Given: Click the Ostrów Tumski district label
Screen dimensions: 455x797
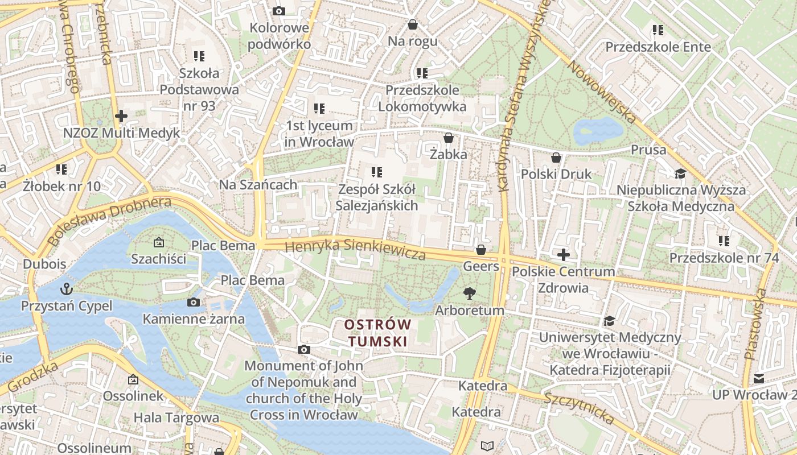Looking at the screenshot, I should click(x=377, y=333).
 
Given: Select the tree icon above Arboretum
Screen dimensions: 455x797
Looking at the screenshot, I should click(x=469, y=293).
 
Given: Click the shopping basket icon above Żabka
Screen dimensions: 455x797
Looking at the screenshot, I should click(x=448, y=138).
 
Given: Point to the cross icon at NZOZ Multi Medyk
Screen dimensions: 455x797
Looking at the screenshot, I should click(x=121, y=116).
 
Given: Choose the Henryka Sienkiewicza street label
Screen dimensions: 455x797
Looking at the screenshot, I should click(x=356, y=249).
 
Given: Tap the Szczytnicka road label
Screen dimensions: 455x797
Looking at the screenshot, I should click(x=579, y=408).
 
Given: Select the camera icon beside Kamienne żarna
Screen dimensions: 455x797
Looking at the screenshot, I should click(x=194, y=302).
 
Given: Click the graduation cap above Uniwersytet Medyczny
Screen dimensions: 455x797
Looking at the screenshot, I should click(x=610, y=321).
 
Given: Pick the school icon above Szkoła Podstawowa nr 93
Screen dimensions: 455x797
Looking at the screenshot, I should click(x=199, y=56).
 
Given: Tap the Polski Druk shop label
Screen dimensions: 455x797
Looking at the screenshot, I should click(x=556, y=174).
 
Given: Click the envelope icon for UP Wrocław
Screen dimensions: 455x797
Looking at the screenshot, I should click(x=759, y=378).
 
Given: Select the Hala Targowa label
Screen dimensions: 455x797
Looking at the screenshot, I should click(x=176, y=417).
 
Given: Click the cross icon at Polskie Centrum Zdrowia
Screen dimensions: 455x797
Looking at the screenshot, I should click(x=564, y=254).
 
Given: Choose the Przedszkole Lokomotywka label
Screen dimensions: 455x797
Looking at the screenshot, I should click(x=422, y=98).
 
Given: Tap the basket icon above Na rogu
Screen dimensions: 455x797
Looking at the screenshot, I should click(x=413, y=24).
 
